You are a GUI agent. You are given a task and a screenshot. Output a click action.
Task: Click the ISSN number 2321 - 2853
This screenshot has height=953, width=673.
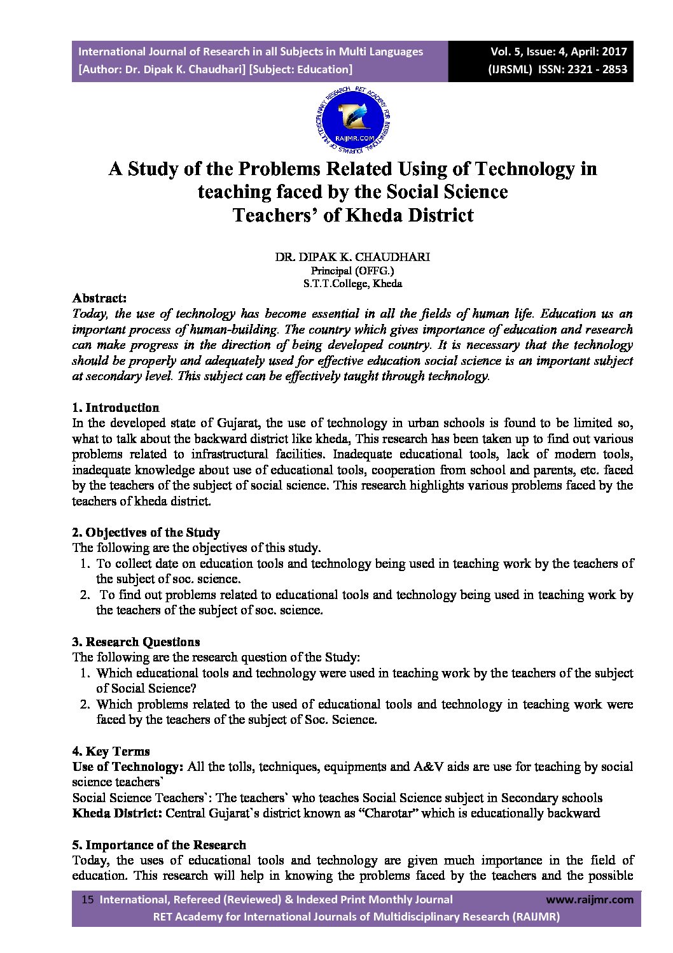[594, 69]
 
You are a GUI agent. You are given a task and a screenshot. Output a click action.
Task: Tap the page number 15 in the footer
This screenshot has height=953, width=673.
[88, 900]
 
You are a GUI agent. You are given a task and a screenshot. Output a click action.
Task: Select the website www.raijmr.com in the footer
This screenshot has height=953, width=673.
[590, 900]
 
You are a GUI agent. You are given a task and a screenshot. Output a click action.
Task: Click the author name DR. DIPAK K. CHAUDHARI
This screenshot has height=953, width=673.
[352, 257]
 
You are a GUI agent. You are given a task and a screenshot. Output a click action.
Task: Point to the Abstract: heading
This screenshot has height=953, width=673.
[99, 298]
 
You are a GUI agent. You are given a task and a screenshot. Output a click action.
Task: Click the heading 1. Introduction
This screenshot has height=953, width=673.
[115, 407]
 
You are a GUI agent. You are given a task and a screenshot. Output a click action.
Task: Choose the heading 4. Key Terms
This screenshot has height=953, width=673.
[111, 751]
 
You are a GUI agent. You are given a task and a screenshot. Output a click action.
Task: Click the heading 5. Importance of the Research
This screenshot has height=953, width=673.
[159, 845]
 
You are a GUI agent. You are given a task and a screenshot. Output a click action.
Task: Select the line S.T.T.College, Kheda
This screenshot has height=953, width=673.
[352, 284]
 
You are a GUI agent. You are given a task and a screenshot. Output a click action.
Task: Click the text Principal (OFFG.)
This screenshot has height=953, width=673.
[352, 271]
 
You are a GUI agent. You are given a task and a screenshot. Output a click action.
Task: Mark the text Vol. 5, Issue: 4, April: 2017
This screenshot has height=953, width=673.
[558, 52]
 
